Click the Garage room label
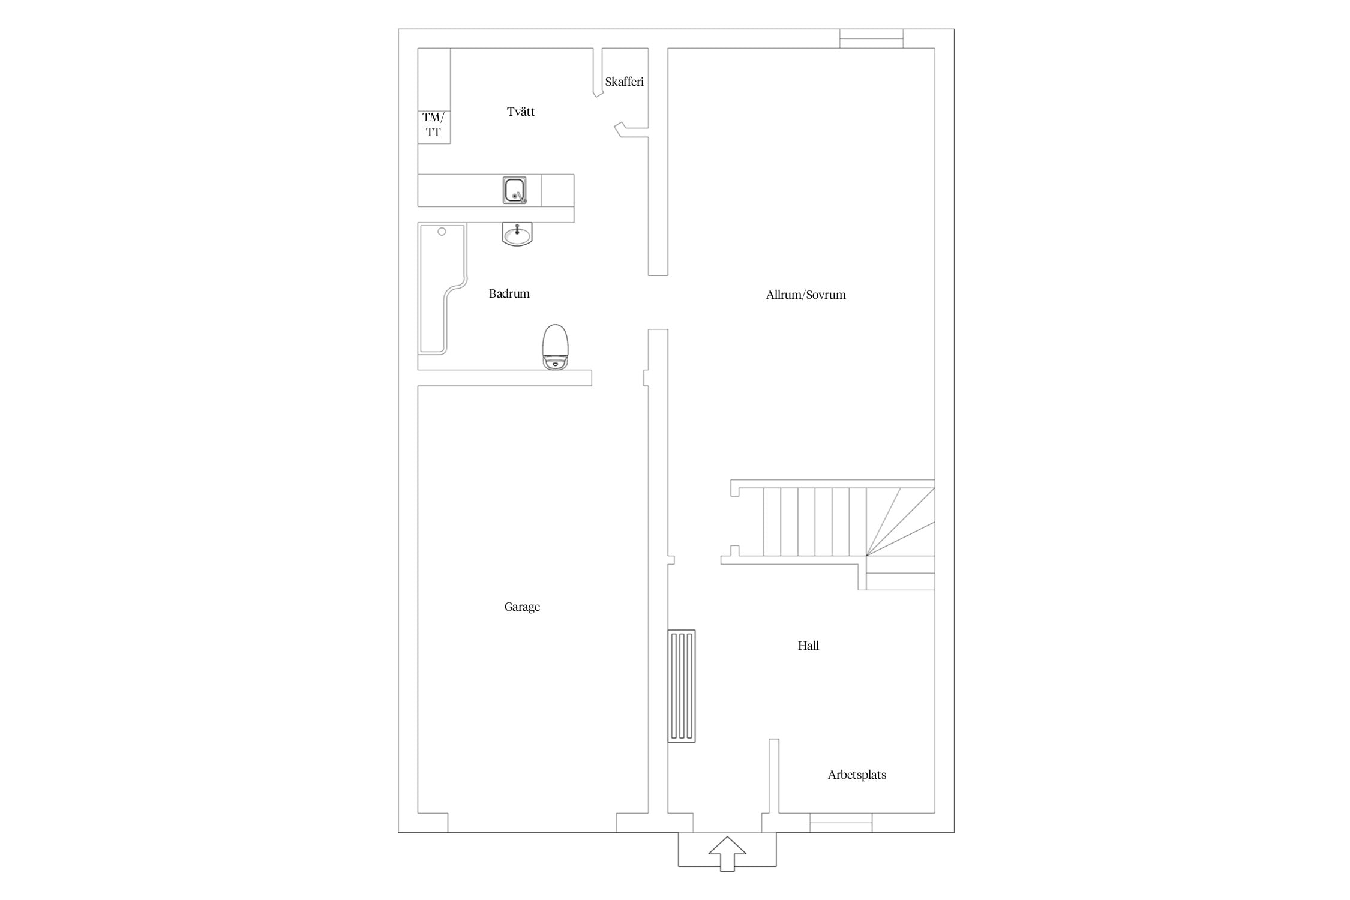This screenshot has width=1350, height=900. [x=522, y=607]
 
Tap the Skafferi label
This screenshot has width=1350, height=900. [x=624, y=82]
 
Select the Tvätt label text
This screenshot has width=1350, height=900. [x=521, y=112]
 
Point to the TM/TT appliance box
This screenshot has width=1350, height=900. [x=434, y=127]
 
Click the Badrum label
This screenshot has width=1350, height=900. [x=509, y=293]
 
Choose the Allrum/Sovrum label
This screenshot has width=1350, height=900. [x=806, y=295]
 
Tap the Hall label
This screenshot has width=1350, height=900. [x=808, y=646]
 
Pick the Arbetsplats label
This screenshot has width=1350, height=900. [x=857, y=775]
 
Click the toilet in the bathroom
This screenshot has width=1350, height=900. [x=555, y=347]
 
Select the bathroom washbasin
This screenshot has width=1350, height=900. [x=517, y=234]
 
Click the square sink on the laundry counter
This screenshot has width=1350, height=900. [x=515, y=190]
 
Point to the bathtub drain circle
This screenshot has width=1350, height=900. [x=442, y=232]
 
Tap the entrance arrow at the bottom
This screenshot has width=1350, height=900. [x=727, y=853]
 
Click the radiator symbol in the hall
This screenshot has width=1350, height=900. [x=682, y=686]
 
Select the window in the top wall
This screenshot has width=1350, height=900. [x=871, y=38]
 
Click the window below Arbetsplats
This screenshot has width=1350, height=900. [x=841, y=823]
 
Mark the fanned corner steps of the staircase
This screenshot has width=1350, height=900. [x=901, y=521]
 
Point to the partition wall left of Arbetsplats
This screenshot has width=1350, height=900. [x=774, y=776]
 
